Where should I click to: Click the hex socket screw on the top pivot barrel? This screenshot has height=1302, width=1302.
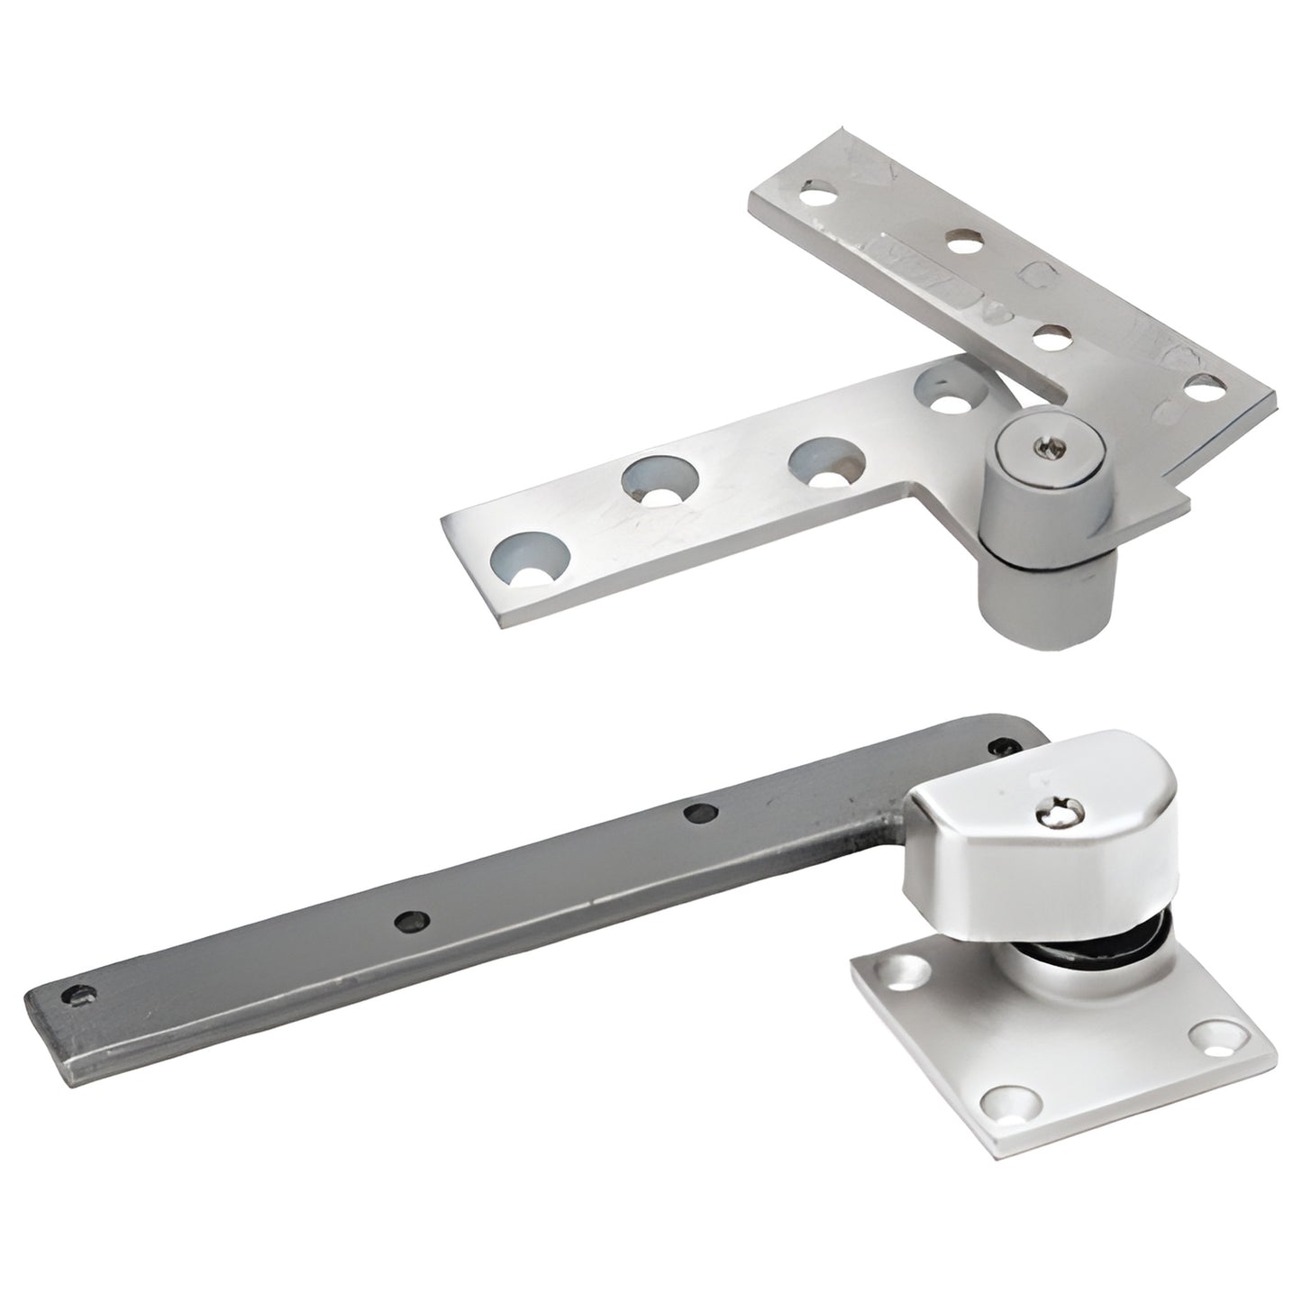[1048, 443]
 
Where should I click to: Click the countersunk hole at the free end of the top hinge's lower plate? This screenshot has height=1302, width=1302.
[534, 555]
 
